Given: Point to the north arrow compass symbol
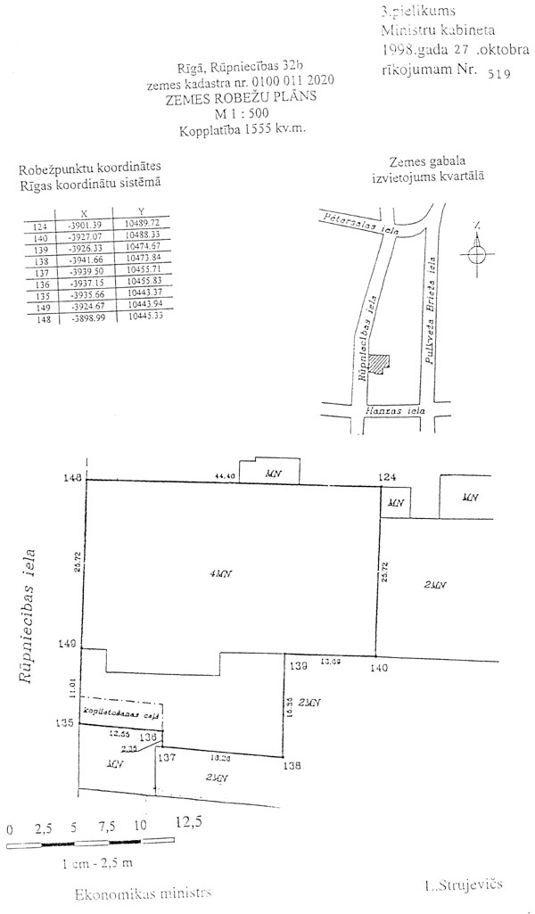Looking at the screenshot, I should point(477,252).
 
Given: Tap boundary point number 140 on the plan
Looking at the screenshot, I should point(381,667).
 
